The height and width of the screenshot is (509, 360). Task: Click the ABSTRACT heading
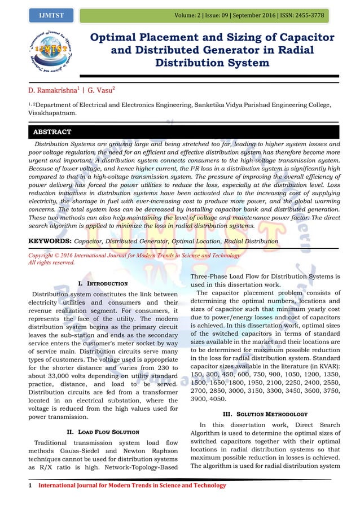point(52,132)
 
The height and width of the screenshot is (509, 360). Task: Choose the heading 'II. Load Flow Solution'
point(103,432)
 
